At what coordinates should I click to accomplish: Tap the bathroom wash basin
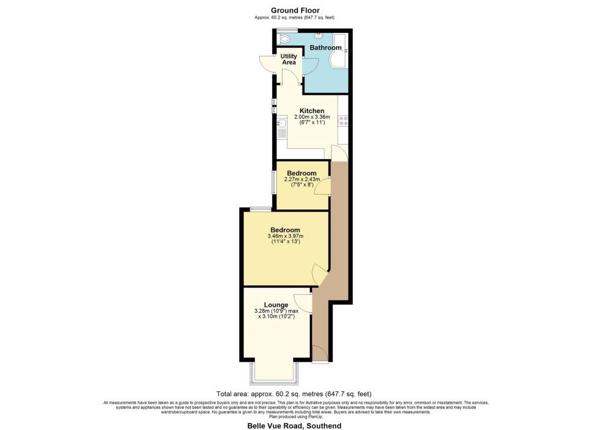[x=319, y=35]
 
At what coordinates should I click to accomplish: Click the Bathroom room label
[x=325, y=47]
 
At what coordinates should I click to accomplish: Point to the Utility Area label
[x=289, y=60]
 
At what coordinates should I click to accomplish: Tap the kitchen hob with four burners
[x=343, y=120]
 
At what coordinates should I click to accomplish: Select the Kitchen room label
[x=312, y=110]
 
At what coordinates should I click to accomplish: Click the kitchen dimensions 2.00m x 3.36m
[x=312, y=117]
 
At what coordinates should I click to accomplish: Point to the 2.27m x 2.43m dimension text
[x=302, y=179]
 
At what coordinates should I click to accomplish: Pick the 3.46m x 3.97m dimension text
[x=286, y=236]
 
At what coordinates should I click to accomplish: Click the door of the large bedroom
[x=320, y=275]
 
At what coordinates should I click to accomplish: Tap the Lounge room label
[x=276, y=305]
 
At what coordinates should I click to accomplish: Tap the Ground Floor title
[x=295, y=10]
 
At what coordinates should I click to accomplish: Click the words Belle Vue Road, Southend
[x=294, y=426]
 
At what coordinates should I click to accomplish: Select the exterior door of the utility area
[x=267, y=64]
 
